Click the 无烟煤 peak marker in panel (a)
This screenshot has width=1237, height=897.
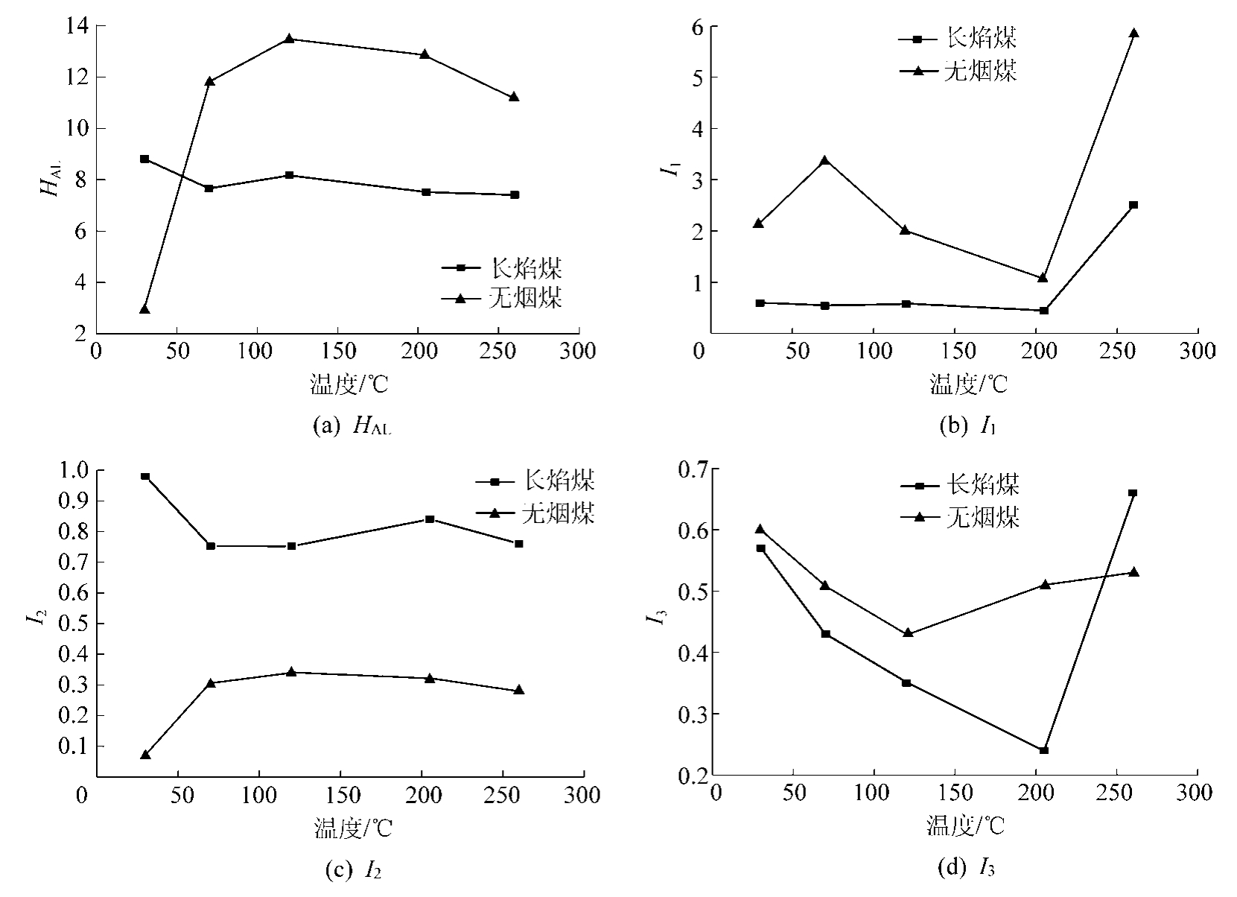click(x=290, y=39)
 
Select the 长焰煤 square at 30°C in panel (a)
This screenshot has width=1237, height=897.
click(x=144, y=159)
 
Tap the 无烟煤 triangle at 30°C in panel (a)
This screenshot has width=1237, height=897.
click(x=144, y=308)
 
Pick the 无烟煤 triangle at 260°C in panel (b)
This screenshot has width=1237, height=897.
click(x=1133, y=33)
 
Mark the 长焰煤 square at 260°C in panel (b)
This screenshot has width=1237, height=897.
click(x=1133, y=205)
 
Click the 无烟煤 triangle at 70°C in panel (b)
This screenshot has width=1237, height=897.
click(x=824, y=160)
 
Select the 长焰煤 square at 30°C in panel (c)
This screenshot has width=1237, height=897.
click(x=145, y=476)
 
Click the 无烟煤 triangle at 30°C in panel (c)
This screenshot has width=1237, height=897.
click(x=145, y=755)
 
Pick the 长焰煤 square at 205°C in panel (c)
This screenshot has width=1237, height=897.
click(x=430, y=519)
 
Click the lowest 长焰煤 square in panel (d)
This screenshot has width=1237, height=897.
click(x=1043, y=750)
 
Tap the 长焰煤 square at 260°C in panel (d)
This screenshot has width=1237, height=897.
click(x=1133, y=492)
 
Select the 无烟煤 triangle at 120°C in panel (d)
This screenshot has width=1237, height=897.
click(x=907, y=633)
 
